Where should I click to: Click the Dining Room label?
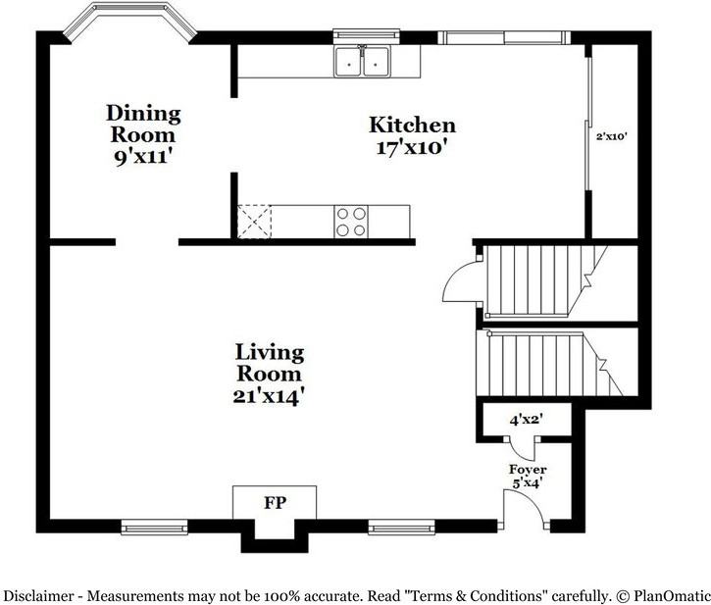[x=143, y=124]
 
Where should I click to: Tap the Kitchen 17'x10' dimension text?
[x=412, y=147]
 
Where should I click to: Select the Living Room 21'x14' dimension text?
[x=268, y=396]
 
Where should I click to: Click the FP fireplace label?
[x=276, y=502]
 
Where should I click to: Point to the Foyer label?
[x=528, y=469]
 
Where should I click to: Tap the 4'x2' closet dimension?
[x=527, y=420]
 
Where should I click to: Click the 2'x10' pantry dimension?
[x=612, y=136]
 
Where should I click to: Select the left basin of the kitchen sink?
[x=348, y=63]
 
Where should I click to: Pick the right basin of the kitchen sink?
[x=376, y=63]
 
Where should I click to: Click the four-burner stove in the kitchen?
[x=351, y=222]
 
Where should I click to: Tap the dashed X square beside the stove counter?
[x=254, y=222]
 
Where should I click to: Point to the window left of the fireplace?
[x=154, y=527]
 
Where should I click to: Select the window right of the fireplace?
[x=401, y=527]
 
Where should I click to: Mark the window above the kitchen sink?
[x=367, y=36]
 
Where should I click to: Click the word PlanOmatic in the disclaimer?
[x=670, y=595]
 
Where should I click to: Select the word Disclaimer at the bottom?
[x=38, y=595]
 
